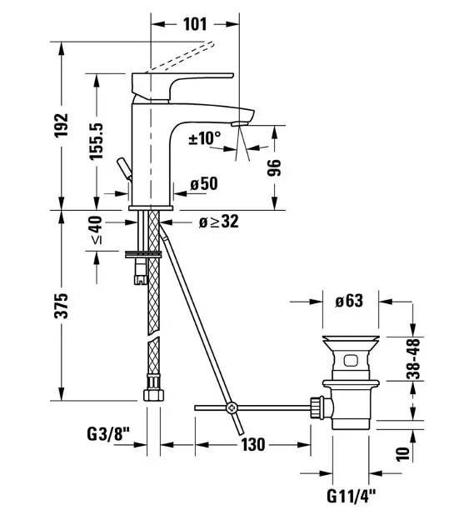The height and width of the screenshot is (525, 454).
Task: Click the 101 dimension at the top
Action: coord(195,24)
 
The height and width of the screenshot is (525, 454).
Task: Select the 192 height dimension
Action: coord(62,125)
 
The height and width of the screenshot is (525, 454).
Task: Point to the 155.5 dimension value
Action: coord(97,141)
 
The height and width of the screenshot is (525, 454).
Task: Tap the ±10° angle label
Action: coord(205,137)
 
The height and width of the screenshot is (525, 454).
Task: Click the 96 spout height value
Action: coord(274,167)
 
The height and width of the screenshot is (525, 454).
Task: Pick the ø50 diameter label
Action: coord(204,183)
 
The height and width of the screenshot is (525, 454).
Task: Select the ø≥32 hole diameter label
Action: coord(218,222)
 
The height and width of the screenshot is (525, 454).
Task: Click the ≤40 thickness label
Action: coord(97,230)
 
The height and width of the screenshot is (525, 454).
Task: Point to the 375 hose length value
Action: coord(62,306)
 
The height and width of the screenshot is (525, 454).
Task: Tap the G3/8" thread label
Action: coord(108,434)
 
